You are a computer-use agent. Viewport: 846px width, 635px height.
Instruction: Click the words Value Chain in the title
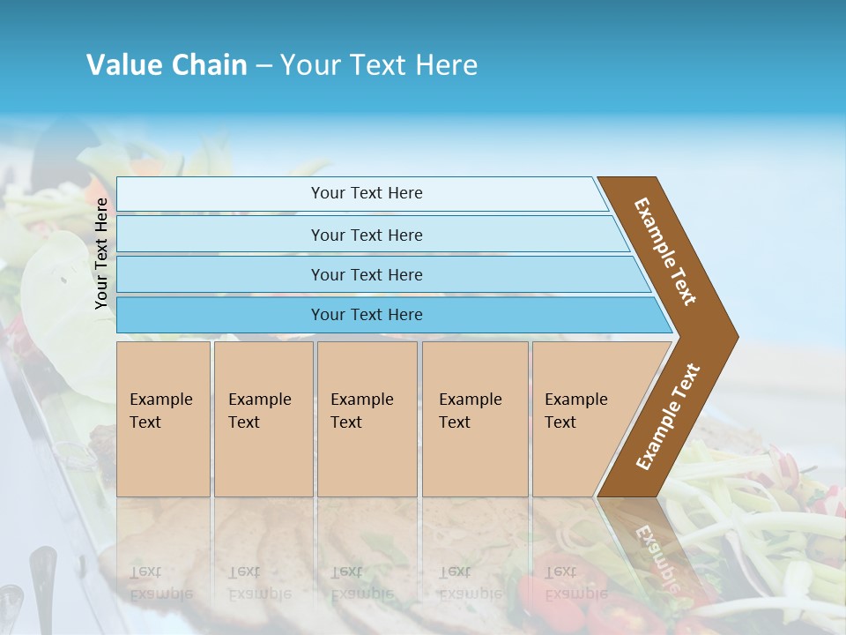point(167,65)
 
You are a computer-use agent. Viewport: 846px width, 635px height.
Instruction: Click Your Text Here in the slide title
point(379,65)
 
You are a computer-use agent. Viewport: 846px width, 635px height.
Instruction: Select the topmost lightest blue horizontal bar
point(220,194)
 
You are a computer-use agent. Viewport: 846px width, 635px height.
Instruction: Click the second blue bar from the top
point(220,235)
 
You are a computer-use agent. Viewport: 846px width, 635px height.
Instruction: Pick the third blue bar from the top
point(220,274)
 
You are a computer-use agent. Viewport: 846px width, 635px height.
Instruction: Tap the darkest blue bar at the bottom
point(220,315)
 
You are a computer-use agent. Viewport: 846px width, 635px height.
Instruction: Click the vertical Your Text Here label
point(101,253)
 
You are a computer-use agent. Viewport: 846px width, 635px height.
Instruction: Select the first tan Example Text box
point(163,419)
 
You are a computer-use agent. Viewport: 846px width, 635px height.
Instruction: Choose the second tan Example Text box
point(263,419)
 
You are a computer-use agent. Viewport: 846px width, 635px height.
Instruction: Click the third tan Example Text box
point(367,419)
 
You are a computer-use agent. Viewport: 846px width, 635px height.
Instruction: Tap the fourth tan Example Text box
point(475,419)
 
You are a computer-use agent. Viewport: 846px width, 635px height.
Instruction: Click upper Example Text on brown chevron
point(665,251)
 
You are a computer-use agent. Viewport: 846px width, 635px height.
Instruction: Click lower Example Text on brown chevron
point(668,416)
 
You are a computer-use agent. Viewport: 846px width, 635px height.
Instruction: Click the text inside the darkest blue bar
point(367,315)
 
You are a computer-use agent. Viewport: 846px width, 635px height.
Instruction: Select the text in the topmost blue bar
point(367,193)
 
